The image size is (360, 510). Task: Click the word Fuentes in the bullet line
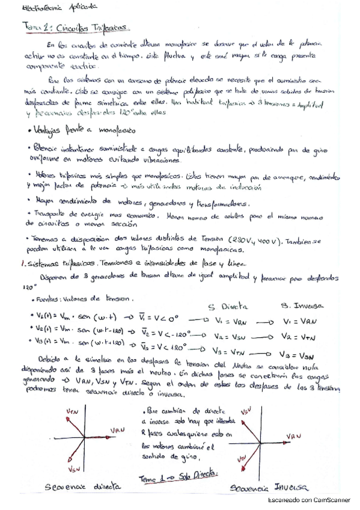tap(49, 298)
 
